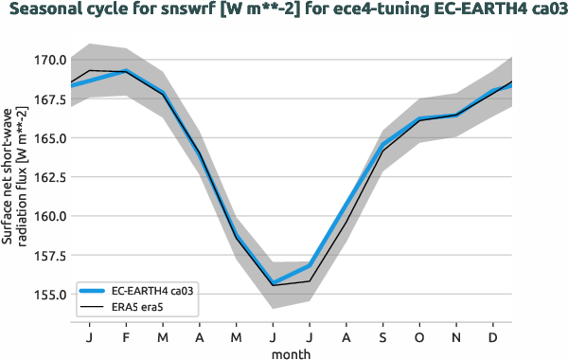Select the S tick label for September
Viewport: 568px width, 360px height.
point(383,336)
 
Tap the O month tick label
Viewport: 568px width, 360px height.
point(419,336)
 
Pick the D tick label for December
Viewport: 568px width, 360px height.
point(493,336)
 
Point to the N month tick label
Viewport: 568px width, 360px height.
point(456,336)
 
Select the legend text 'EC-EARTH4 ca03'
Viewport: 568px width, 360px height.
point(152,289)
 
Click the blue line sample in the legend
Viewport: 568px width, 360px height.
point(94,289)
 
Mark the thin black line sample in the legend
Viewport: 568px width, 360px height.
point(94,306)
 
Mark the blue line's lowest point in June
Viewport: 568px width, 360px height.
point(274,283)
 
